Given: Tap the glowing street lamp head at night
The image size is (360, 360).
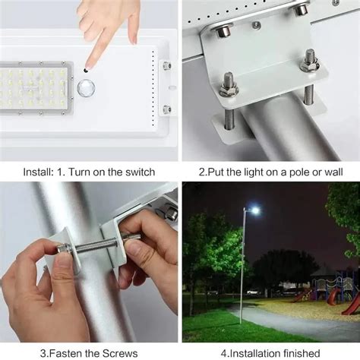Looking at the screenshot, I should click(x=254, y=210).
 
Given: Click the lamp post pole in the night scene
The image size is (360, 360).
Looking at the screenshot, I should click(x=243, y=266).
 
